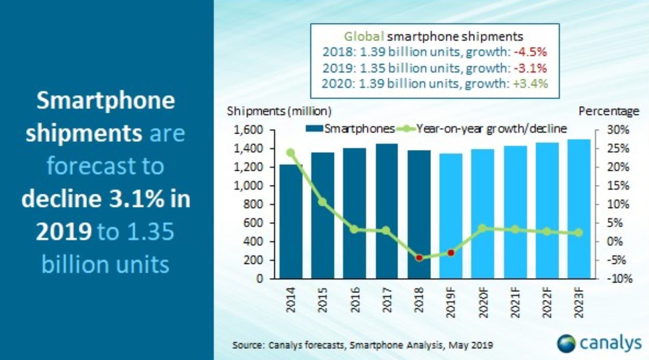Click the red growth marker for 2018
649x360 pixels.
point(419,258)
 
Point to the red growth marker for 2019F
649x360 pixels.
point(450,253)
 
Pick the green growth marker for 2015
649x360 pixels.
point(322,202)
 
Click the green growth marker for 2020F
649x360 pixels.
point(482,228)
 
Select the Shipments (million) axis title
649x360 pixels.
point(279,111)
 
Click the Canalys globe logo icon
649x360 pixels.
point(566,344)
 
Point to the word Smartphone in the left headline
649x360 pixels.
point(106,101)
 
